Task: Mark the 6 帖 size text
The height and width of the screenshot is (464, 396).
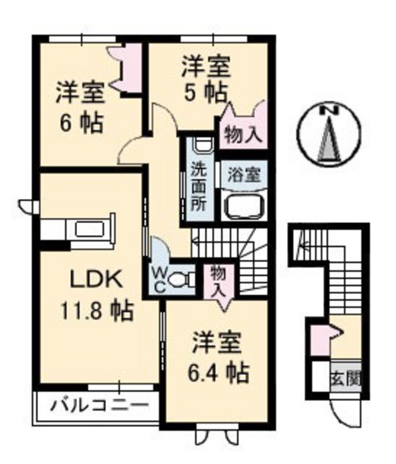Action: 80,123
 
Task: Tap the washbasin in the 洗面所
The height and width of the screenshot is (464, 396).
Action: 200,147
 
